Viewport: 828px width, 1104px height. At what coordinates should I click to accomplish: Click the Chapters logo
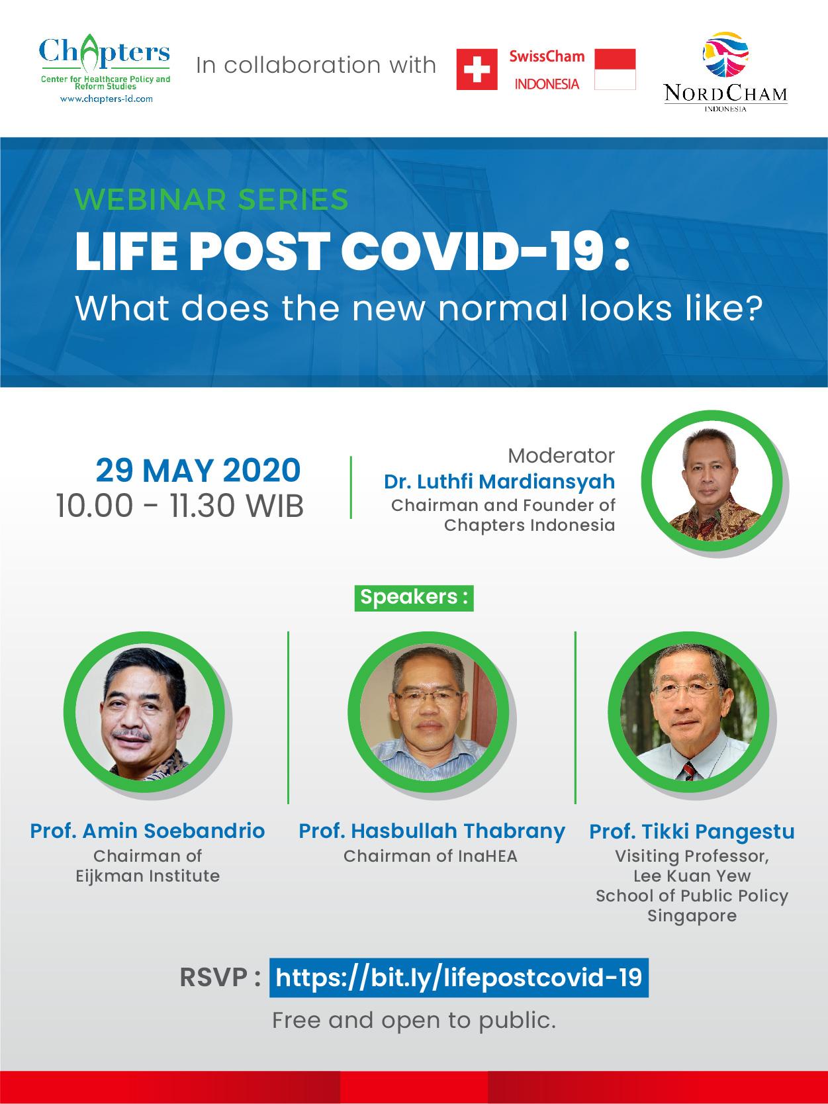(x=105, y=68)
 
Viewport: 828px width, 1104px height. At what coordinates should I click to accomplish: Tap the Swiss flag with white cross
(x=477, y=69)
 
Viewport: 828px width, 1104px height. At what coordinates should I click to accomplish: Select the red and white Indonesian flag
(x=615, y=69)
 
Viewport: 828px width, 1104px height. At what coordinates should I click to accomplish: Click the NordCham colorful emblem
(x=725, y=54)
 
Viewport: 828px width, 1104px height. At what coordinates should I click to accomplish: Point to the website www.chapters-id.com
(x=106, y=99)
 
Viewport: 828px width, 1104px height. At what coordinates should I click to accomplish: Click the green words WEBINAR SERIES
(x=211, y=199)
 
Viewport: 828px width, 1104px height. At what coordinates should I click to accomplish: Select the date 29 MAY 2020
(x=198, y=471)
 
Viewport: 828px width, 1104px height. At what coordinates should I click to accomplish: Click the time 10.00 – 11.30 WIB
(x=179, y=506)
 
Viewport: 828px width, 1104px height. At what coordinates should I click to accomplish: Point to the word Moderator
(x=561, y=455)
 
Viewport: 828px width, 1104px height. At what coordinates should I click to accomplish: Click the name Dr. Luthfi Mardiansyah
(x=499, y=481)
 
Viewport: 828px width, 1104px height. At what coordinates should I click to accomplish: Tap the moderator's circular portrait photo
(x=712, y=481)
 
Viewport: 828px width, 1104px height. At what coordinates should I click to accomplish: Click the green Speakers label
(x=414, y=598)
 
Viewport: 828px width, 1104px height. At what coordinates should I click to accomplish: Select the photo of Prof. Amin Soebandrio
(x=144, y=712)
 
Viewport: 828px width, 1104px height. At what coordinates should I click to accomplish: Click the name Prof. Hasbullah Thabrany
(x=432, y=831)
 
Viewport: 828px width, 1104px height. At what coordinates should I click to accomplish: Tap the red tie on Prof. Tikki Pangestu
(x=689, y=770)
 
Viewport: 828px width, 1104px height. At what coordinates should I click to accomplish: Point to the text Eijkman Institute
(x=148, y=876)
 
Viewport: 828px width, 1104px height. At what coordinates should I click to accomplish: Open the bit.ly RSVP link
(x=459, y=978)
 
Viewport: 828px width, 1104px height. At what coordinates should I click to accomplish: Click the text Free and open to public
(x=414, y=1021)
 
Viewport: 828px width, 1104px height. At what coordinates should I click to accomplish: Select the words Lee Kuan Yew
(x=692, y=876)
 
